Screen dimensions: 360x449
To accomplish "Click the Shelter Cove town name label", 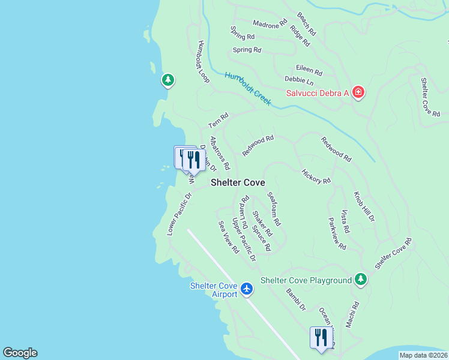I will [x=238, y=182].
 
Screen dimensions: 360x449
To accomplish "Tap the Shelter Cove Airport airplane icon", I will [x=247, y=289].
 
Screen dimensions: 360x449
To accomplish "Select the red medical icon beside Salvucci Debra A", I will [x=358, y=92].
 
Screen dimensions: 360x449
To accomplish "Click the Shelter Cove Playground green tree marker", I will [x=360, y=279].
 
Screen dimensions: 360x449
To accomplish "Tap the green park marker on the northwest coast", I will [x=168, y=80].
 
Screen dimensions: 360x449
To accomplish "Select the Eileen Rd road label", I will [x=309, y=70].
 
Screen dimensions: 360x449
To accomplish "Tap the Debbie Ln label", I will [x=299, y=80].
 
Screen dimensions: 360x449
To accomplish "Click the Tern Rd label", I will [x=218, y=121].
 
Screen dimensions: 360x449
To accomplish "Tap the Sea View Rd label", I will [x=229, y=236].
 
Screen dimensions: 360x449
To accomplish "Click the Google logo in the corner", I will [x=20, y=353].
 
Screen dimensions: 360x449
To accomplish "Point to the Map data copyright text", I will [x=423, y=355].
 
